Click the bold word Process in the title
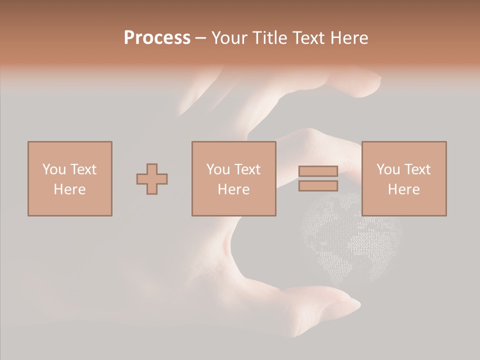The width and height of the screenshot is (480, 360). tap(157, 38)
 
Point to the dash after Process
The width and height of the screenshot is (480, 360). tap(201, 38)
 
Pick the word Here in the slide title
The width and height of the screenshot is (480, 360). tap(352, 38)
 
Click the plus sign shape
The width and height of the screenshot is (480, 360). tap(152, 179)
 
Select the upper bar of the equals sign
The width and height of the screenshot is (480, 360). tap(318, 171)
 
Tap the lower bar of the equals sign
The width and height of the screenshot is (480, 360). tap(318, 186)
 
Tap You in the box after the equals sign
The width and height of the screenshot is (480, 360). tap(387, 169)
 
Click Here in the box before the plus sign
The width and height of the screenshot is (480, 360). tap(69, 189)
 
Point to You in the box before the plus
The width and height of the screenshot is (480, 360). tap(53, 169)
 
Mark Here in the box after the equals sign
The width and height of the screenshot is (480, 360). tap(403, 189)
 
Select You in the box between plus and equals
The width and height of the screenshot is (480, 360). tap(217, 169)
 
